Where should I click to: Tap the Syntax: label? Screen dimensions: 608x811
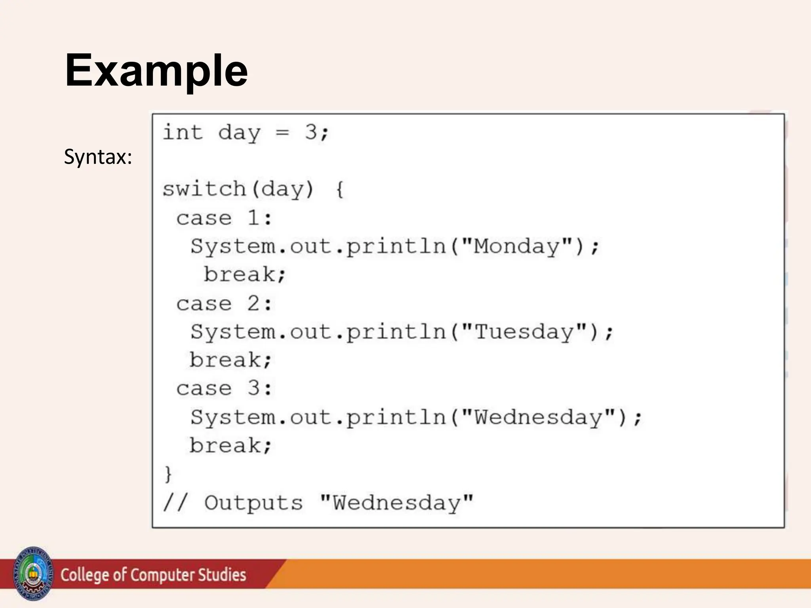point(98,157)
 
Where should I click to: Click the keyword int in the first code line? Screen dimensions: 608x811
point(183,132)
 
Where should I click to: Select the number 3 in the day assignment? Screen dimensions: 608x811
point(311,132)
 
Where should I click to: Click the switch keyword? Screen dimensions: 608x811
point(204,189)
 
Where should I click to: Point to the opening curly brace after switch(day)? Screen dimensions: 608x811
point(340,189)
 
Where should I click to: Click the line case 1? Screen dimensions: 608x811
point(224,218)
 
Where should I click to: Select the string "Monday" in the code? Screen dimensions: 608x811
point(517,246)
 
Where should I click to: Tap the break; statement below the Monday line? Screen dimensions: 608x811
point(244,274)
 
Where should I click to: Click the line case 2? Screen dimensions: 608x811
point(224,304)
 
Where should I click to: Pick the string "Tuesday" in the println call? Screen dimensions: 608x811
point(524,332)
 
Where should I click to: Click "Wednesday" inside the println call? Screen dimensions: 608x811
point(539,417)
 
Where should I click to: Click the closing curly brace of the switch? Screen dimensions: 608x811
point(168,474)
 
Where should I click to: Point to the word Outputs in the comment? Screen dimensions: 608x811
point(253,503)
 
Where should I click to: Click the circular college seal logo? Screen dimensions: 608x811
point(33,574)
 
